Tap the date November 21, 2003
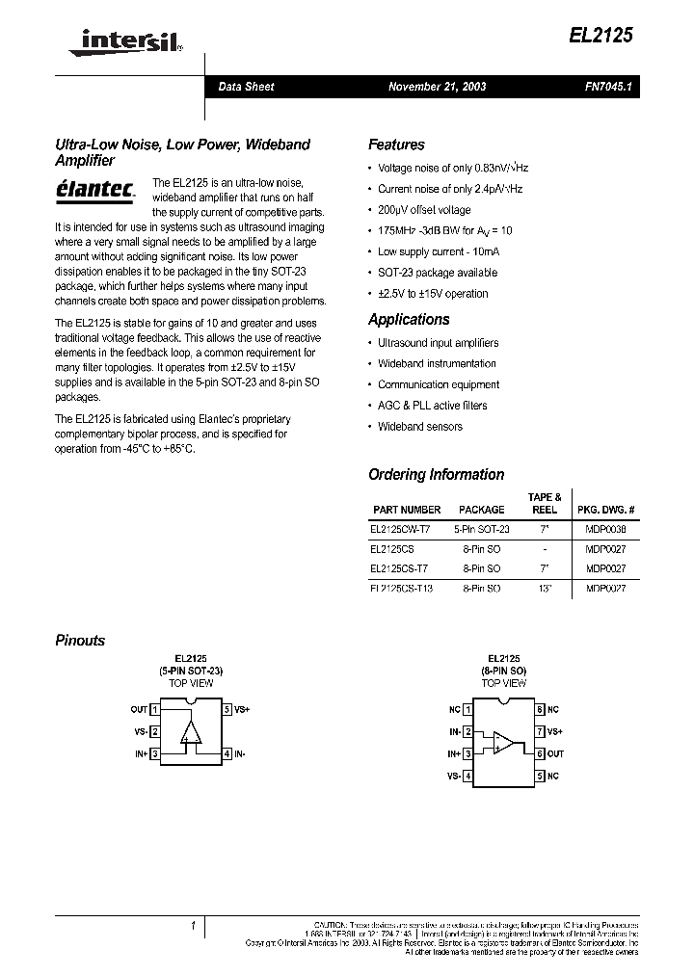pos(437,87)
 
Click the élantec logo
pos(94,188)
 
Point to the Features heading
pos(396,145)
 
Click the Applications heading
pos(409,319)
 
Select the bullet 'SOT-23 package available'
pos(438,273)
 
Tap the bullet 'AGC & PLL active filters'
pos(432,406)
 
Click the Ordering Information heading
pos(436,474)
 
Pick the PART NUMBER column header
pos(407,510)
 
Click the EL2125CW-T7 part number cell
pos(400,529)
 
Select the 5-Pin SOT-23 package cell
pos(482,529)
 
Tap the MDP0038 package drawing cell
pos(605,529)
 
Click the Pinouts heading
pos(80,640)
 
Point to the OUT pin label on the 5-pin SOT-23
pos(139,709)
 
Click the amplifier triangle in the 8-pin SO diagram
pos(503,743)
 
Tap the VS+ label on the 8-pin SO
pos(554,732)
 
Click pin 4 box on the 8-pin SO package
pos(468,776)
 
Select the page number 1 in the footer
pos(193,926)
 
